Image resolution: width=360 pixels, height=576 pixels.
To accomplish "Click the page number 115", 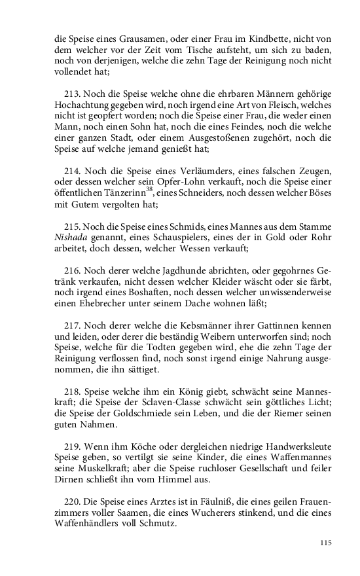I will (325, 543).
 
